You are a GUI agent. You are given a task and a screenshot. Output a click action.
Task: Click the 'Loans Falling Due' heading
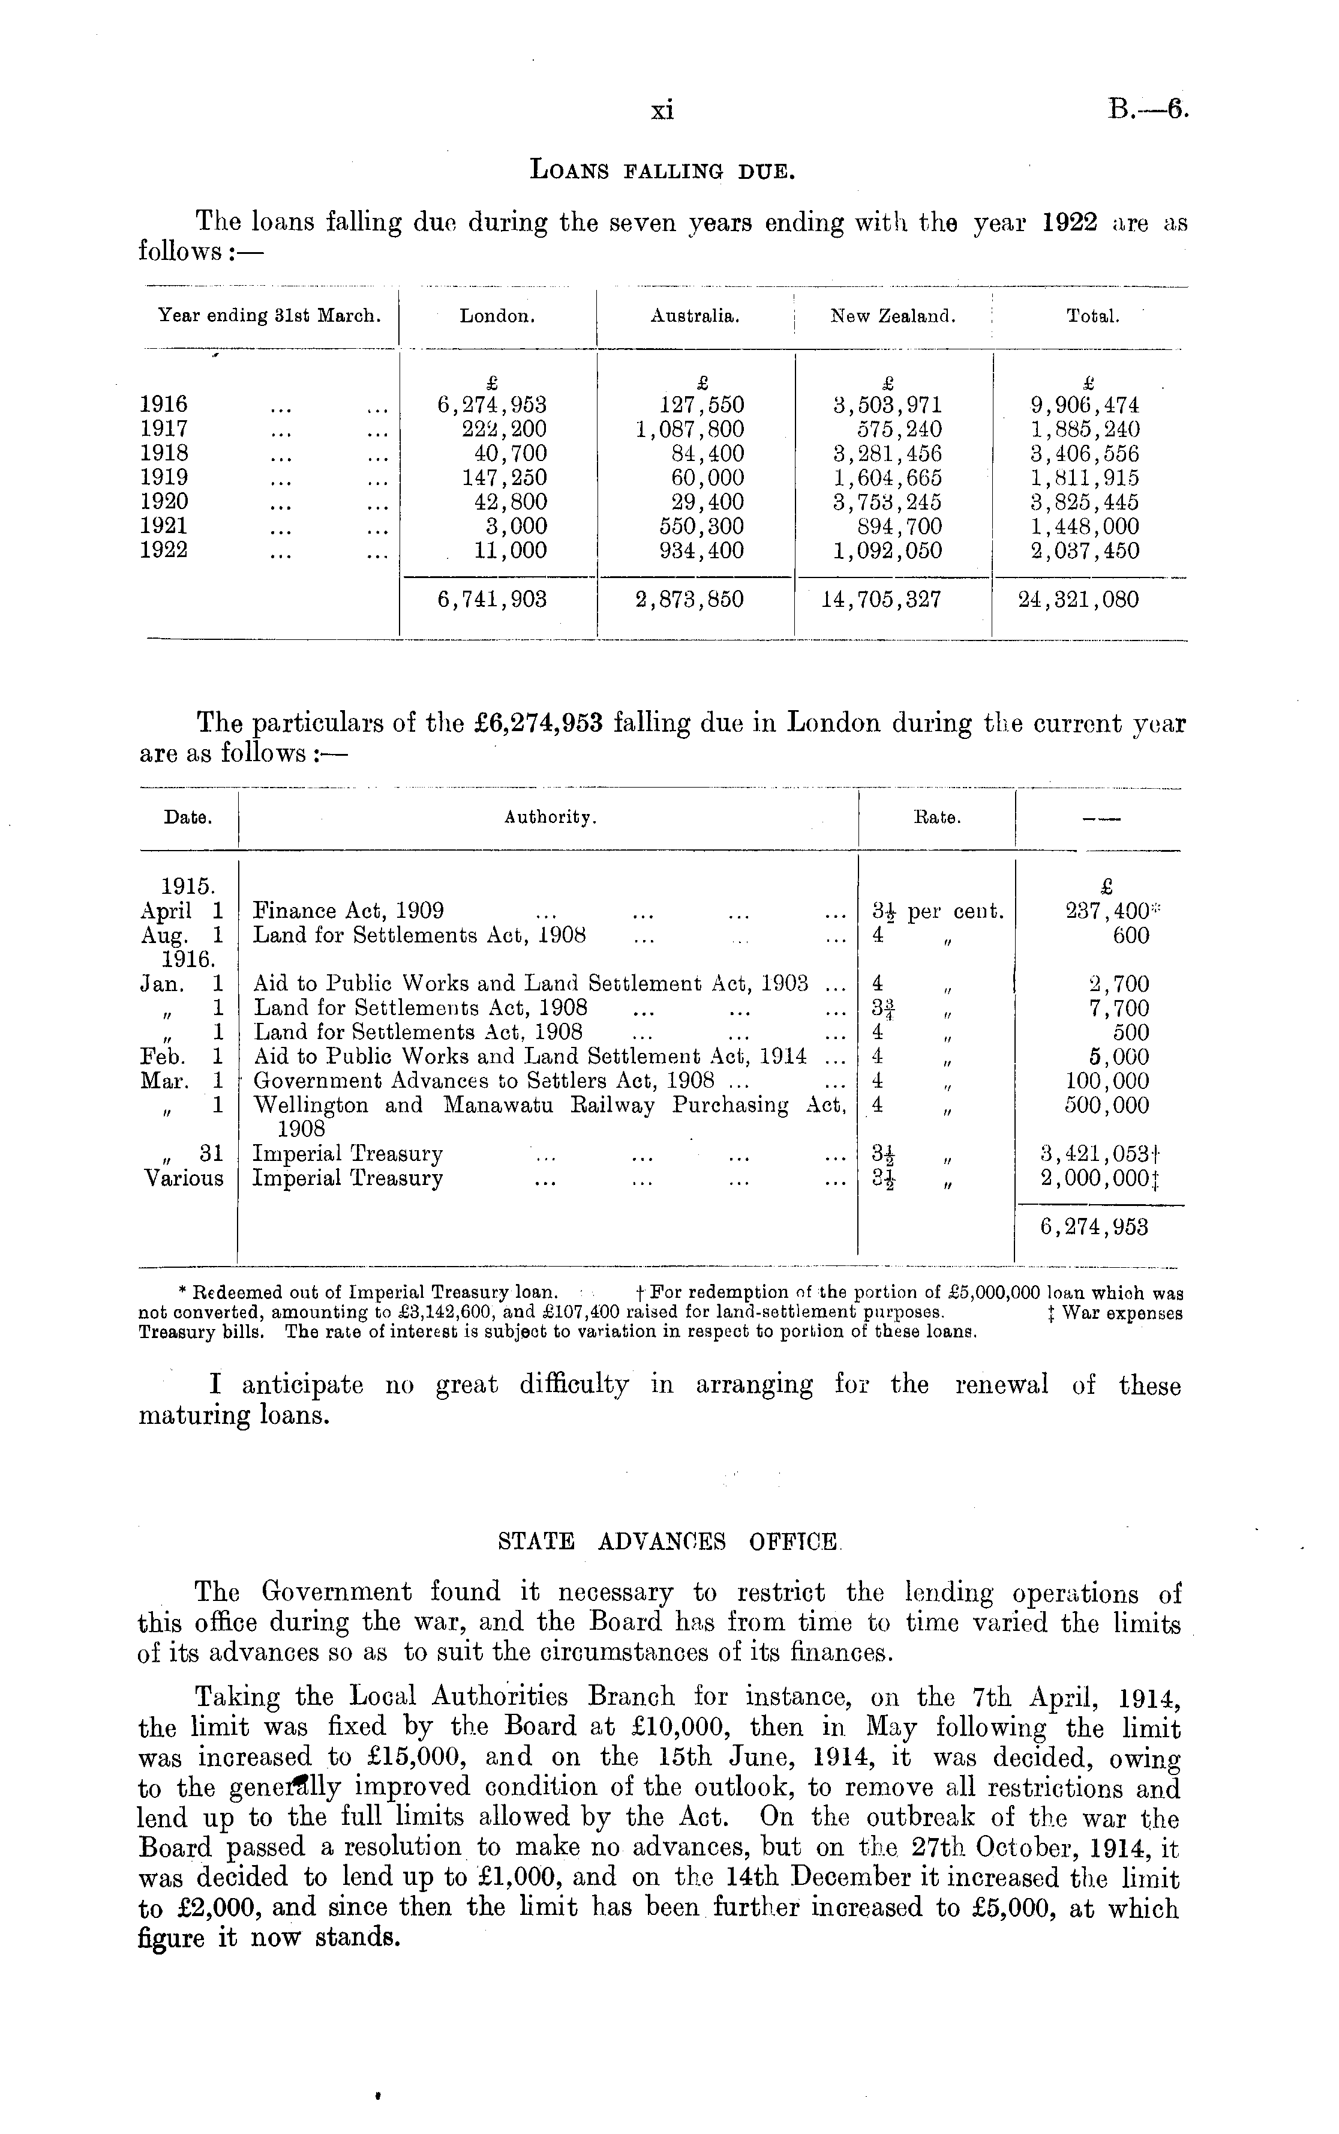662,169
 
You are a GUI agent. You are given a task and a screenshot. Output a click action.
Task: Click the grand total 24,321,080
1079,600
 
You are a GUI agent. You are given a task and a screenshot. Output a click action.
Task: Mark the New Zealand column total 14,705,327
881,600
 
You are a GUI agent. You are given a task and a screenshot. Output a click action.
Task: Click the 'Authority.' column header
551,819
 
